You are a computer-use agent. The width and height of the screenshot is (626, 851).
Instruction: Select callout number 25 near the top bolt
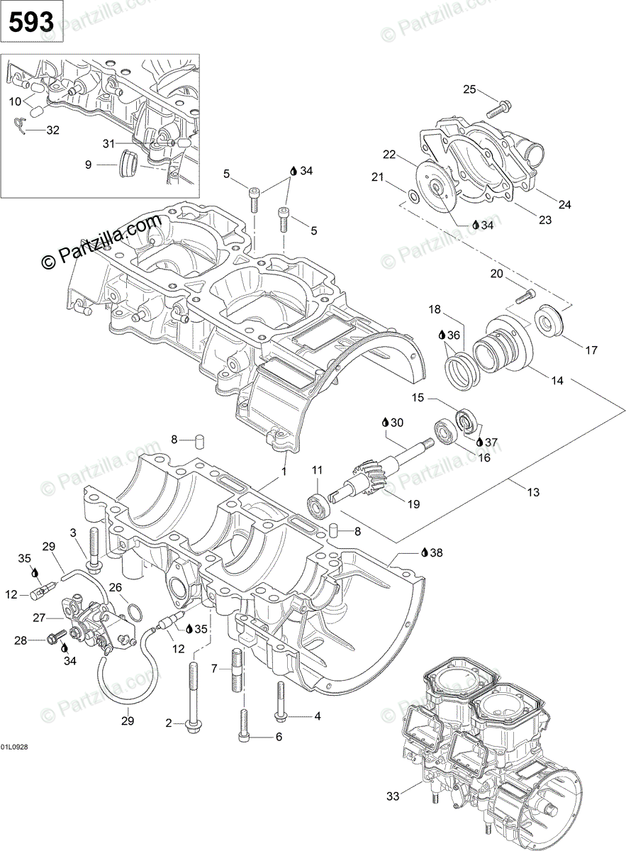[470, 89]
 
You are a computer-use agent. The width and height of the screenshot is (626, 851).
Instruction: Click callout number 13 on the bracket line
[533, 492]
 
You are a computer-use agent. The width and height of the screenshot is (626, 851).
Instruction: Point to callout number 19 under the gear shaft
[413, 504]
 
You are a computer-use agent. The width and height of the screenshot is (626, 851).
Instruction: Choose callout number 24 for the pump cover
[564, 205]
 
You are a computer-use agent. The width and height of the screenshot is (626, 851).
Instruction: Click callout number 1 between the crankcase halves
[284, 472]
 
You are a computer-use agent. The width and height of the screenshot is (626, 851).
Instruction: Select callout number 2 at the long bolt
[169, 723]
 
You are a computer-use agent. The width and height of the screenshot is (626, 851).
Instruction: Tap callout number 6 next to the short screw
[279, 737]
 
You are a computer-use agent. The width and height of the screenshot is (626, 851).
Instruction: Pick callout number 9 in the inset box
[88, 165]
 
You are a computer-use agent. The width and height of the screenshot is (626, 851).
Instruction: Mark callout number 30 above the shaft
[396, 422]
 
